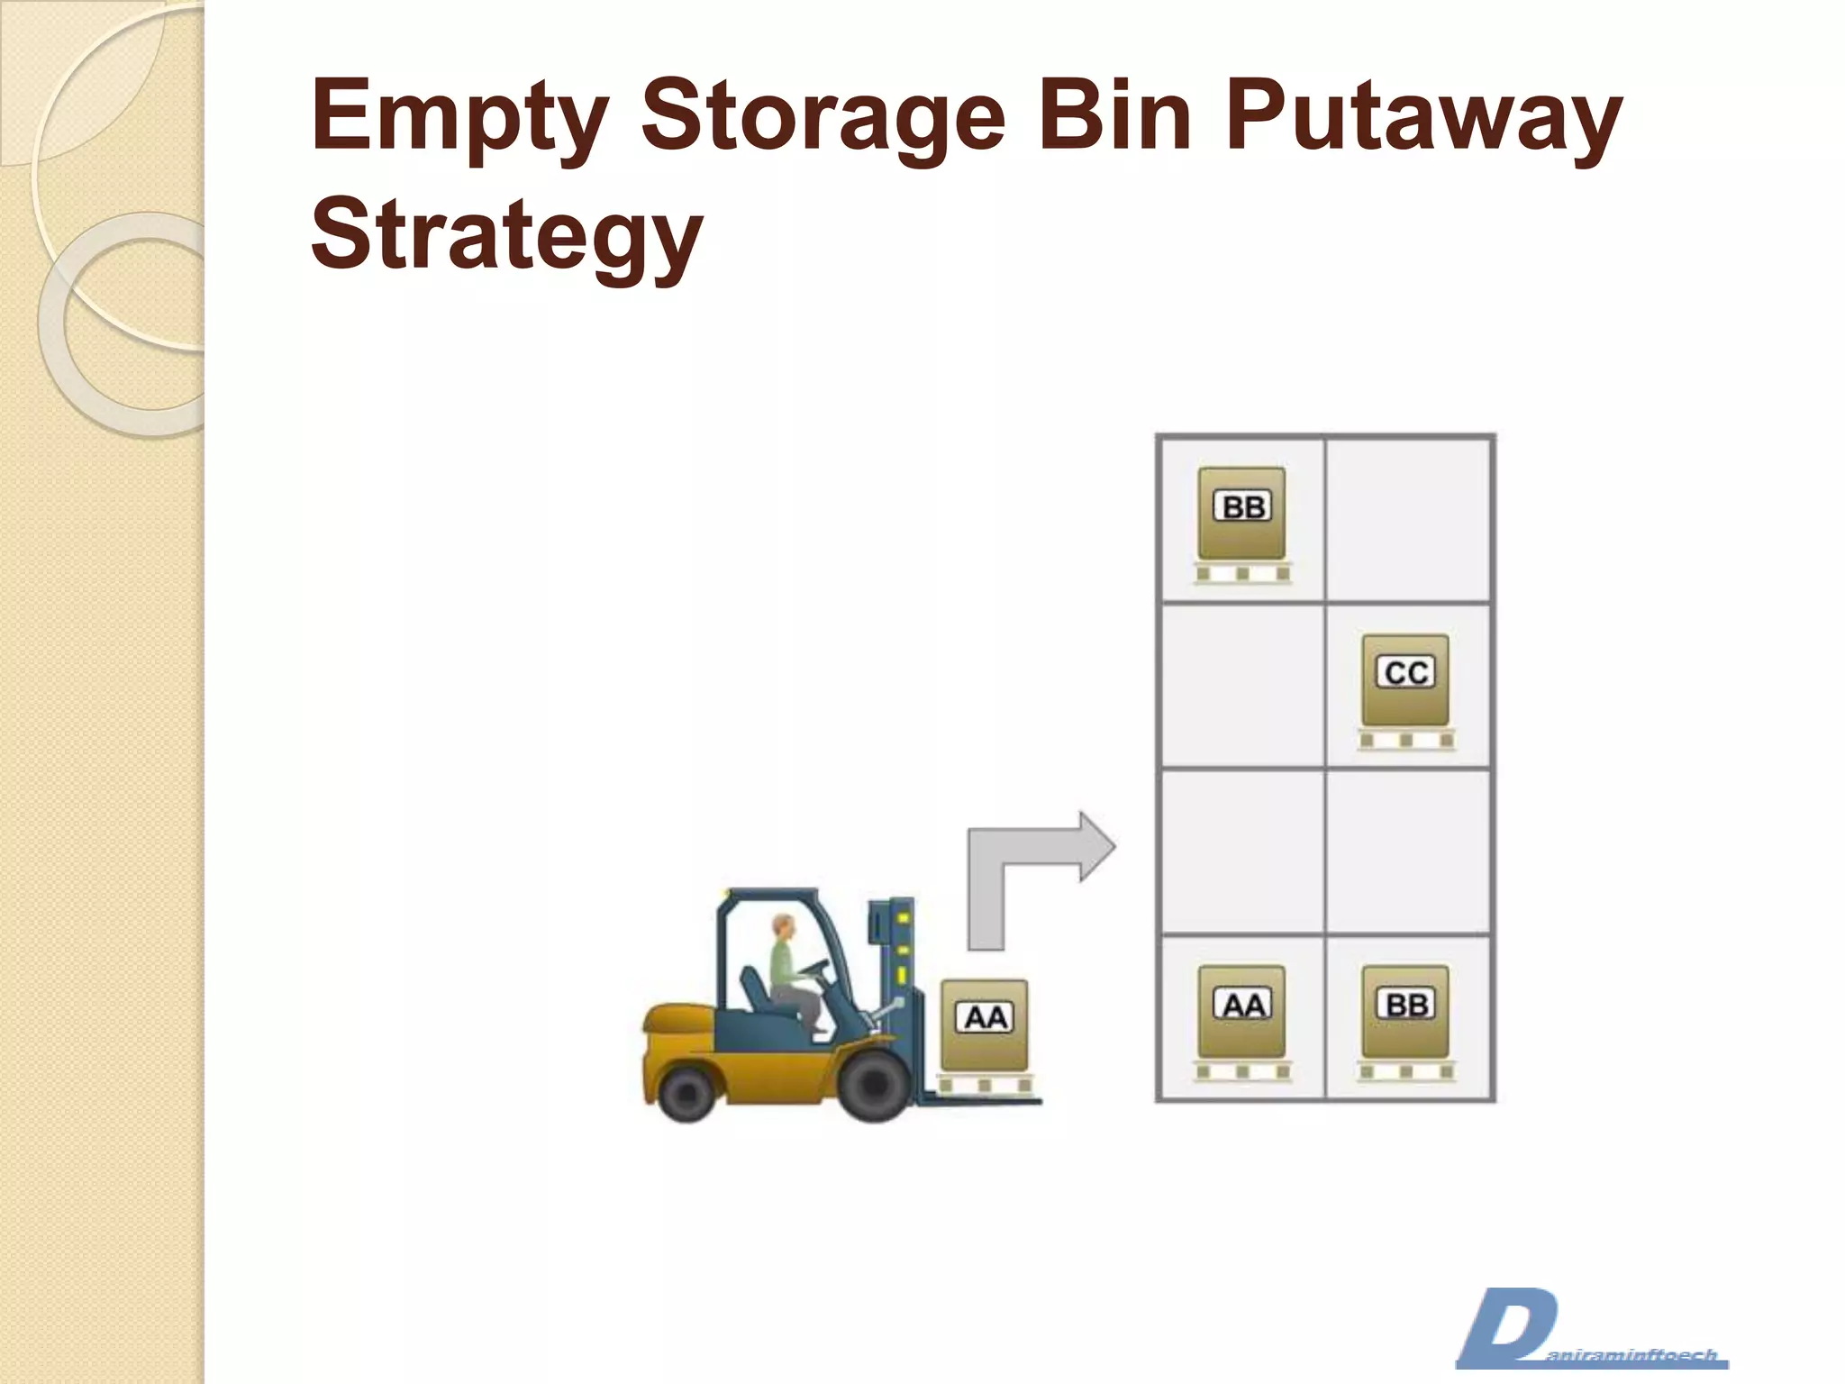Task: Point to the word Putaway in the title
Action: [x=1423, y=117]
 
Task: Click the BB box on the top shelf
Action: [x=1241, y=514]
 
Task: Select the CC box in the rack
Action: [x=1405, y=679]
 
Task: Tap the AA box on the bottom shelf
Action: [x=1241, y=1011]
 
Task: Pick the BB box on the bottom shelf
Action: [x=1405, y=1011]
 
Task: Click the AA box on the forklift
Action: [x=984, y=1024]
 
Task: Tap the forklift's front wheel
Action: [x=875, y=1085]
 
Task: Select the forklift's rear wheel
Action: [x=686, y=1091]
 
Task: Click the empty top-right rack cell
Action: [x=1407, y=519]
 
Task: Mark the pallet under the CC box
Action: [x=1406, y=740]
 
